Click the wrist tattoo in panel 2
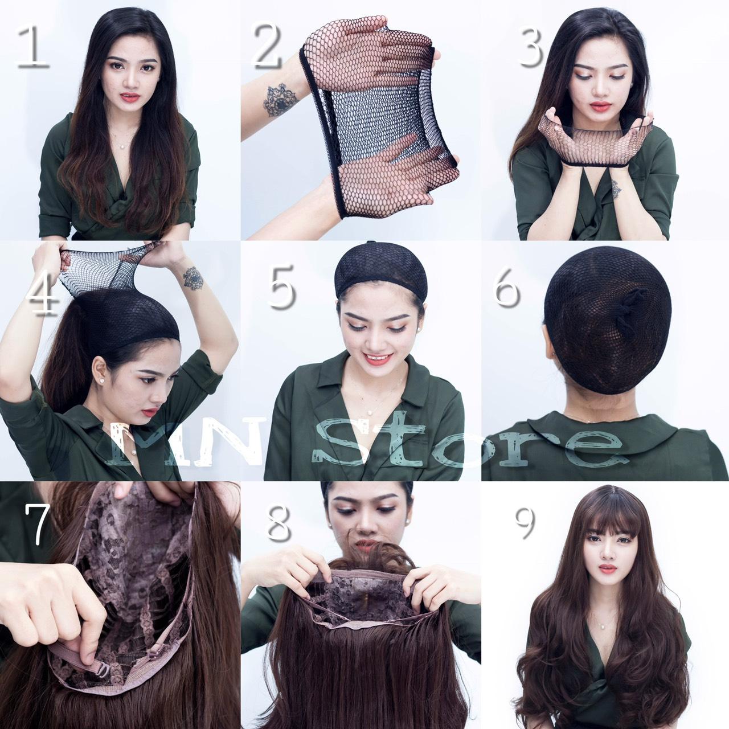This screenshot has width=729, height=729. (282, 101)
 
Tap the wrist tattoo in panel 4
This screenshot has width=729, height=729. (193, 279)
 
